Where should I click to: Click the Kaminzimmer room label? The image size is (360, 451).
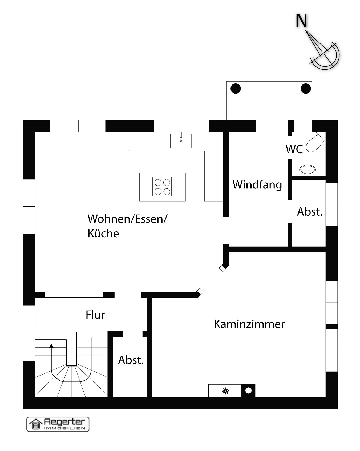pos(249,324)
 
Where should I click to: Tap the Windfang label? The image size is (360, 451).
pos(257,184)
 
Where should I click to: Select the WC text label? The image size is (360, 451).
pos(294,149)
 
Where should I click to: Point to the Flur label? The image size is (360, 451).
pos(95,315)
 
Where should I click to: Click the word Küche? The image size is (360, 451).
pos(103,233)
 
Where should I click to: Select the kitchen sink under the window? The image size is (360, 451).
pos(181,140)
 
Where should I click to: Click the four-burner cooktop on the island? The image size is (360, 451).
pos(162,186)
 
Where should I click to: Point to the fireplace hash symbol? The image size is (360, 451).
pos(226,391)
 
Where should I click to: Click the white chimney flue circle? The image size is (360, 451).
pos(248,391)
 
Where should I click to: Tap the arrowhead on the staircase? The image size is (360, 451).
pos(51,346)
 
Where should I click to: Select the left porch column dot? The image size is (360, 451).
pos(236,89)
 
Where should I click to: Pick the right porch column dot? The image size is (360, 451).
pos(306,88)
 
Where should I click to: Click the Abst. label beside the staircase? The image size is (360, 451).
pos(131,360)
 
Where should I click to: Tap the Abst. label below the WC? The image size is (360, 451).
pos(310,212)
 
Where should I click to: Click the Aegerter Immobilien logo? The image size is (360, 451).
pos(58,424)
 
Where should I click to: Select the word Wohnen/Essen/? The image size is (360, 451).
pos(127,219)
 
